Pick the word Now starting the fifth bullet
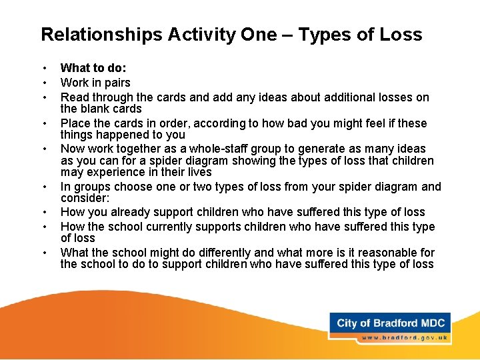[72, 149]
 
